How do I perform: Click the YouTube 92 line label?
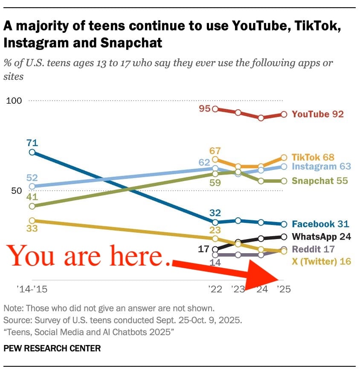[x=317, y=114]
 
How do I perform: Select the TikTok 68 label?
[x=313, y=157]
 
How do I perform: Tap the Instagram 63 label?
[x=321, y=167]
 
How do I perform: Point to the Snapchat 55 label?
[x=320, y=181]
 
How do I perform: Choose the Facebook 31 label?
[x=320, y=224]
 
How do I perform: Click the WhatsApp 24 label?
[x=321, y=237]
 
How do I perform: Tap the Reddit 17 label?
[x=314, y=249]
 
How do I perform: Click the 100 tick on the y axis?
[x=13, y=101]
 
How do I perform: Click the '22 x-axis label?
[x=215, y=289]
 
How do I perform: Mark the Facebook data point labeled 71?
[x=32, y=152]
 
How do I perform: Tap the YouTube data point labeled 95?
[x=215, y=109]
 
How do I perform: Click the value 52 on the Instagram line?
[x=32, y=178]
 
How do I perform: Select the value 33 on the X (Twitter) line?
[x=32, y=228]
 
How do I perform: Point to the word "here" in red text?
[x=138, y=257]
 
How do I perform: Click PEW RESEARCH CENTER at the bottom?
[x=52, y=348]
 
